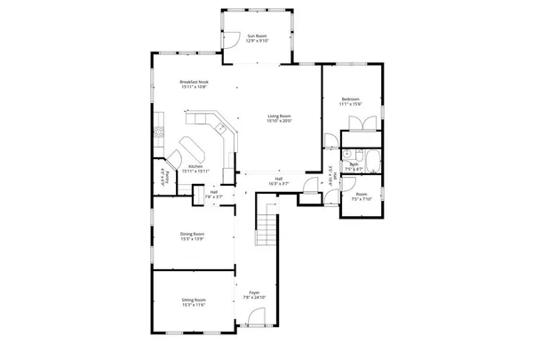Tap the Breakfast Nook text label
194,81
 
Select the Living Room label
280,116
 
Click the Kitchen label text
195,165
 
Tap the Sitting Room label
193,300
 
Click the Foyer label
254,291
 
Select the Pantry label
163,174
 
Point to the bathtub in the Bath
372,163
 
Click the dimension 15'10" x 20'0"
280,120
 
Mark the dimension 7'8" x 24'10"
254,296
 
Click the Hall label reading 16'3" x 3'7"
278,183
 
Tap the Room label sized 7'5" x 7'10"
361,195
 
